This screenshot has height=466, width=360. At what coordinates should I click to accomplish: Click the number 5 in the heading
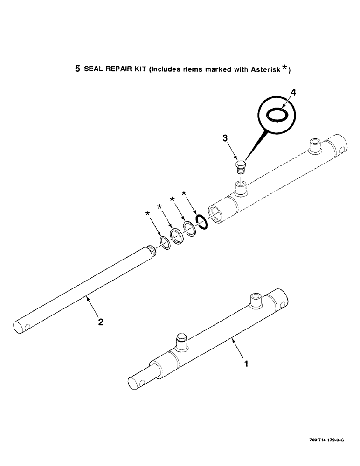(x=77, y=69)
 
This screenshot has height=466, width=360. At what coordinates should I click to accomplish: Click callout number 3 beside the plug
(x=225, y=138)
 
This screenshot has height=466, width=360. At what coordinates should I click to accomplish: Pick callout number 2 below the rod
(x=101, y=322)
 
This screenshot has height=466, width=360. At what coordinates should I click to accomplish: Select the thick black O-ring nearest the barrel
(x=201, y=223)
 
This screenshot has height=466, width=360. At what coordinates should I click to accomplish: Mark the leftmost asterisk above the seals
(x=149, y=213)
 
